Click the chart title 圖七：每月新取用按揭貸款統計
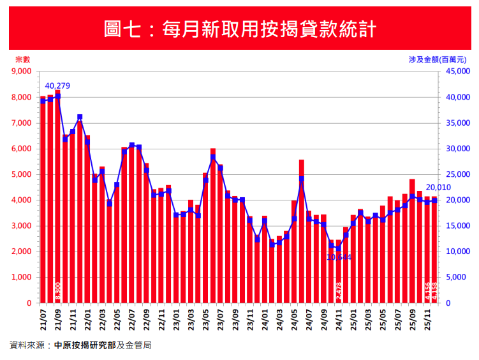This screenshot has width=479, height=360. pyautogui.click(x=239, y=29)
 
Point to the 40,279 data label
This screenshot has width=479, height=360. pyautogui.click(x=57, y=86)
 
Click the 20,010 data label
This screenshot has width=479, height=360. pyautogui.click(x=438, y=188)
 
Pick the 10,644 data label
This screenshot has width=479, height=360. pyautogui.click(x=339, y=257)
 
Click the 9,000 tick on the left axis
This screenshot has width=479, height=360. pyautogui.click(x=22, y=71)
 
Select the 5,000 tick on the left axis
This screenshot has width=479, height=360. pyautogui.click(x=22, y=174)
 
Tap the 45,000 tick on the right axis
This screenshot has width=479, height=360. pyautogui.click(x=456, y=71)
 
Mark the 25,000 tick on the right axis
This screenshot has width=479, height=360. pyautogui.click(x=456, y=174)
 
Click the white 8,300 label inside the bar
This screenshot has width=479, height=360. pyautogui.click(x=58, y=292)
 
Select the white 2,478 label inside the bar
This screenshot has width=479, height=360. pyautogui.click(x=339, y=292)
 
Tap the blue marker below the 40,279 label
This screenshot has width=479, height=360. pyautogui.click(x=58, y=96)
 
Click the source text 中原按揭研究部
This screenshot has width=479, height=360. pyautogui.click(x=85, y=345)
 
